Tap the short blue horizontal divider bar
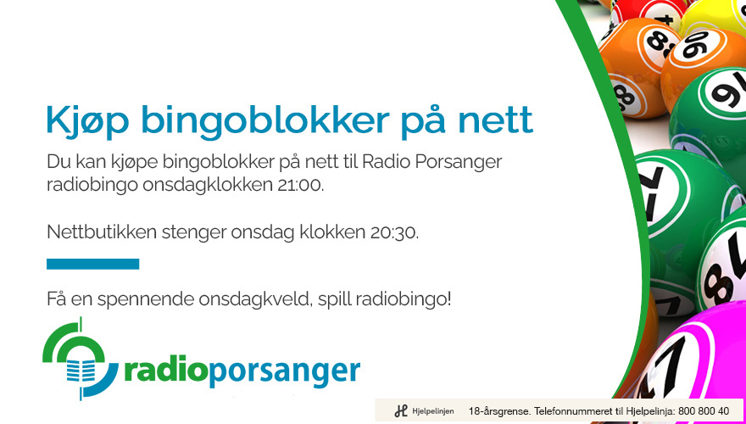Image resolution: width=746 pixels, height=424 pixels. [92, 264]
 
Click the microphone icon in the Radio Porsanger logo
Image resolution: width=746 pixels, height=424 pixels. [81, 367]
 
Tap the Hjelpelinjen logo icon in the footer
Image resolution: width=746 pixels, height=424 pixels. [401, 410]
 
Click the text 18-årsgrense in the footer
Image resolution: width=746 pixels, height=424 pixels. [499, 411]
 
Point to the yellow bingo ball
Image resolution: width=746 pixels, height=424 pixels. [713, 17]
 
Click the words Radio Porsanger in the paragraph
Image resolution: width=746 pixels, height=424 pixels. [431, 162]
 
